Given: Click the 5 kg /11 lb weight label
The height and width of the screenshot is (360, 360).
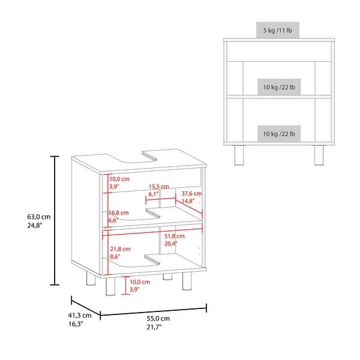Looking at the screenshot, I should pyautogui.click(x=278, y=30).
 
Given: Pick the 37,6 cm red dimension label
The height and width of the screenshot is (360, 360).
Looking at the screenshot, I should pyautogui.click(x=192, y=194).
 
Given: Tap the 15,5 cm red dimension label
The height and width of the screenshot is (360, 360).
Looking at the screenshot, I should pyautogui.click(x=159, y=187).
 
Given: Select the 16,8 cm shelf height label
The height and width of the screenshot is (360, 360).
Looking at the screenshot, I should pyautogui.click(x=119, y=212).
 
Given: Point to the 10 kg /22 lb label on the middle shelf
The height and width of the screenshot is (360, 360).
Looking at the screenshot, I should pyautogui.click(x=278, y=87).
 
